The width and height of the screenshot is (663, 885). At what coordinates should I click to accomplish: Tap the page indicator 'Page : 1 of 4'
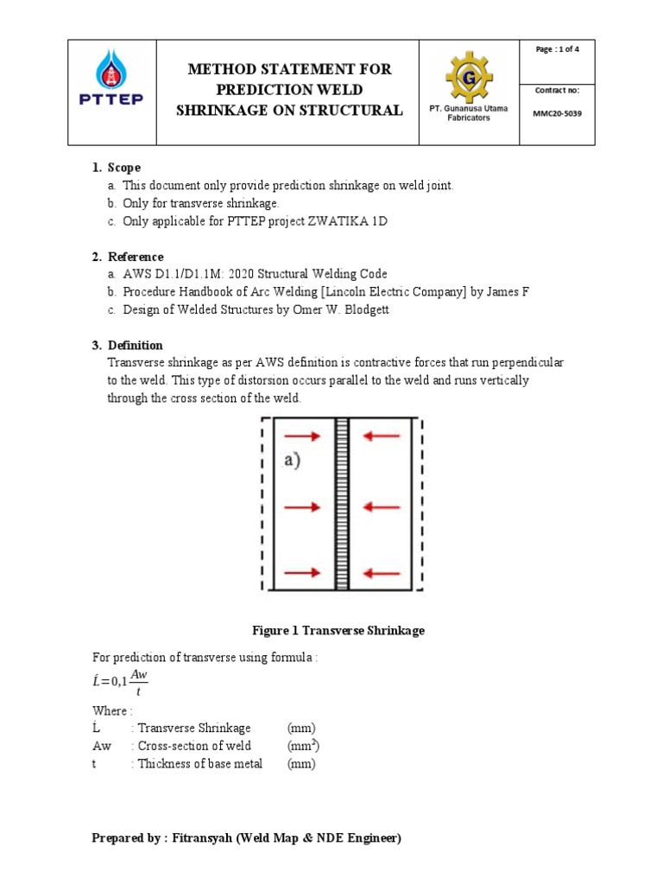click(x=557, y=49)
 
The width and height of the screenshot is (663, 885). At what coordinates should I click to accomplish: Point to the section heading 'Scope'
click(x=124, y=167)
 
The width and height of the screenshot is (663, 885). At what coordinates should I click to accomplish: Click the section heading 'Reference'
click(x=136, y=257)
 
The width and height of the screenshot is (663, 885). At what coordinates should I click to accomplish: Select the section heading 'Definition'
click(x=135, y=346)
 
